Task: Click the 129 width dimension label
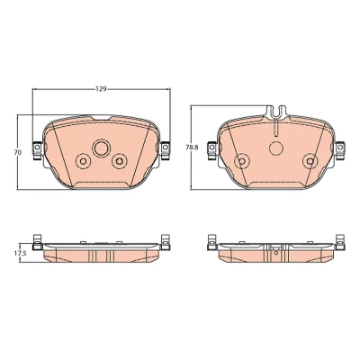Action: click(101, 89)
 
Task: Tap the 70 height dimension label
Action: click(17, 152)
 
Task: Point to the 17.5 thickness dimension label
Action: click(20, 254)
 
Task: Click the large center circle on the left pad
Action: click(101, 148)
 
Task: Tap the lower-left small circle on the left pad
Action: click(83, 161)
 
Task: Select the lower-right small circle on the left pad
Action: click(120, 161)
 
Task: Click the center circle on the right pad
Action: click(276, 148)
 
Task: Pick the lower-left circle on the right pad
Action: click(242, 161)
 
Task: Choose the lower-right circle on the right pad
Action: click(310, 161)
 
